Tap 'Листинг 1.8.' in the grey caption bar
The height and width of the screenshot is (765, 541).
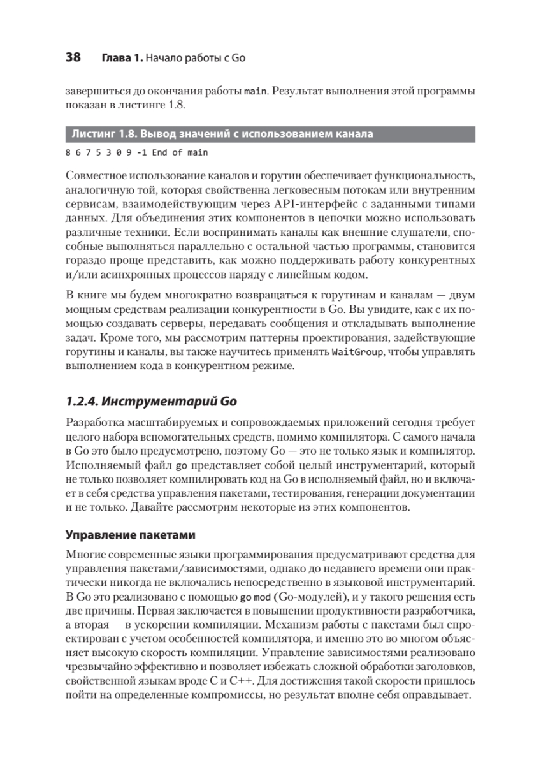(x=103, y=135)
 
